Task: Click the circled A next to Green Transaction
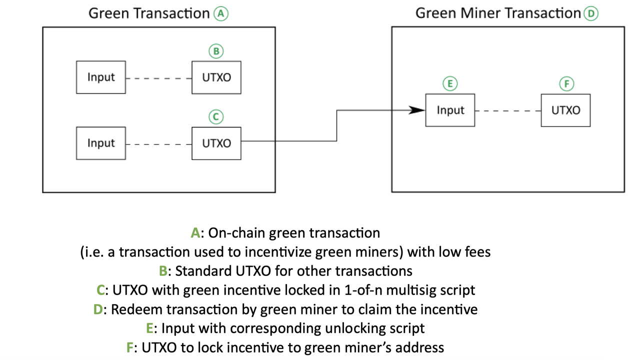(x=220, y=13)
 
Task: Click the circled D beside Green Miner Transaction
(x=590, y=13)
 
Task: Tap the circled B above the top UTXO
(x=216, y=51)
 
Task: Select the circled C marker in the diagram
(x=216, y=117)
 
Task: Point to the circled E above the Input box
(x=450, y=84)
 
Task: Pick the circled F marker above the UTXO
(x=566, y=84)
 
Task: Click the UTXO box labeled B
(x=216, y=77)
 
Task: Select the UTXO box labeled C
(x=216, y=143)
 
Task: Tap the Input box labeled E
(x=450, y=110)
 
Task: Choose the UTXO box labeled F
(x=565, y=110)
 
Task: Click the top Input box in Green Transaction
(x=100, y=77)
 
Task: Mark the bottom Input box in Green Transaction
(x=100, y=143)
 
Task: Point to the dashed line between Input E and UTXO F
(x=508, y=110)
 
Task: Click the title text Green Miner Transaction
(x=498, y=13)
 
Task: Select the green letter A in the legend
(x=195, y=233)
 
